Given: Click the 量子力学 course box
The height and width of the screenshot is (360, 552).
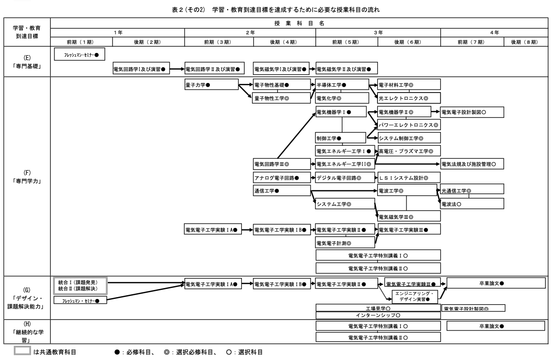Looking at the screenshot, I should click(211, 85).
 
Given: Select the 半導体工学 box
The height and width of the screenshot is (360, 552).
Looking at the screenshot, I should click(342, 85).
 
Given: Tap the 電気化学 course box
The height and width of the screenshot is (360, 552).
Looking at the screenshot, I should click(342, 99).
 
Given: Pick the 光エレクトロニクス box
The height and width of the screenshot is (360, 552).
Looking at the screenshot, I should click(408, 99).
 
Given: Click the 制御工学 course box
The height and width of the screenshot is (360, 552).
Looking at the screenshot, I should click(340, 138).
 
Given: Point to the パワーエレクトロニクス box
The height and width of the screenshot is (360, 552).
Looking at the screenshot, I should click(408, 125).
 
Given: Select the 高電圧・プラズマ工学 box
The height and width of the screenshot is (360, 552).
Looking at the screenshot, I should click(408, 151).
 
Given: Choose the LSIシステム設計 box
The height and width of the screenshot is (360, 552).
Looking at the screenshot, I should click(408, 178).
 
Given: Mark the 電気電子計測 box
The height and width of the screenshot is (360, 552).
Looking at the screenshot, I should click(344, 243).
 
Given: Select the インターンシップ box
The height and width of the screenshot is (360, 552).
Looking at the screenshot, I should click(377, 316).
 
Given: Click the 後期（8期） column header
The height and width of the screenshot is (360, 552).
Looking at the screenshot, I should click(524, 42).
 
